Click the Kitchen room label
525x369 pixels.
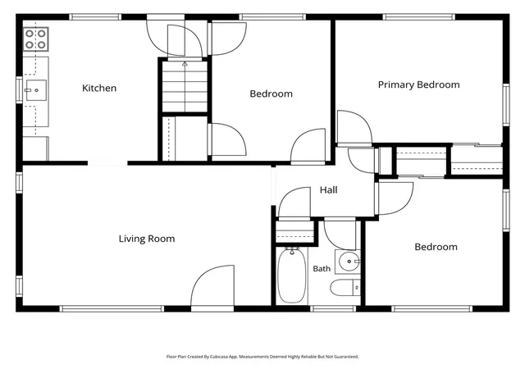(99, 88)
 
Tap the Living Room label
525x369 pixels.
(147, 239)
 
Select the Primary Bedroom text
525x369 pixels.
(418, 84)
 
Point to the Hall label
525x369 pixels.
(328, 190)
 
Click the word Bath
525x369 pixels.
(322, 268)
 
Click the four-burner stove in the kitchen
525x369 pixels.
(36, 39)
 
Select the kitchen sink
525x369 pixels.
(36, 90)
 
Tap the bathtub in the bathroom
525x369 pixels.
(292, 276)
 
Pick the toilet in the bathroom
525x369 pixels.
(345, 288)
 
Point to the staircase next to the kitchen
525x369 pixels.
(185, 86)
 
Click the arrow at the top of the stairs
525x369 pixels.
(185, 64)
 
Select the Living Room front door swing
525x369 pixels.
(212, 285)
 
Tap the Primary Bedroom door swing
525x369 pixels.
(354, 128)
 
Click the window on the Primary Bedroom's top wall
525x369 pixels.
(419, 16)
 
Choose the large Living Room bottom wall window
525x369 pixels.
(112, 308)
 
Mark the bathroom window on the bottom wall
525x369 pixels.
(332, 308)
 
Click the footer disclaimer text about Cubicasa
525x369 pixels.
(262, 357)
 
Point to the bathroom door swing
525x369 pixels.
(340, 235)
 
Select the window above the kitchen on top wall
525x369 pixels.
(95, 16)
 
